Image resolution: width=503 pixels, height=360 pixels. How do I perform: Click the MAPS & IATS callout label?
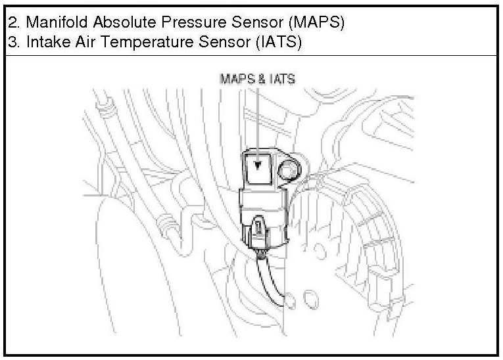256,78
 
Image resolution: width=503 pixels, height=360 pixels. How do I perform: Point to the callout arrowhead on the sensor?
258,166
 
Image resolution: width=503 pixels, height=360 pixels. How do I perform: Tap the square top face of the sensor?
258,168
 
